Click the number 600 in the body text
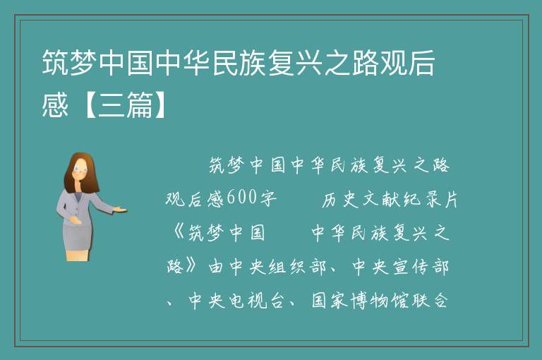242,198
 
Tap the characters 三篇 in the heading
126,105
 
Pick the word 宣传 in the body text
410,267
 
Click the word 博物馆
380,300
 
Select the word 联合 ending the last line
430,300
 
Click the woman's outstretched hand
121,209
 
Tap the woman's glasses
81,170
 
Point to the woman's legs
78,255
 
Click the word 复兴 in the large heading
296,63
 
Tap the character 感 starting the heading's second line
55,105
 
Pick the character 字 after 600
268,198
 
